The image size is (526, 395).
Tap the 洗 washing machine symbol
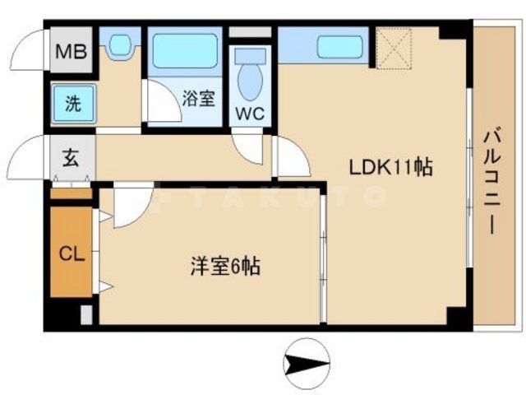click(73, 105)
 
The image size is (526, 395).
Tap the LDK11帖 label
click(391, 167)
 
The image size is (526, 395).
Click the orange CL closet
click(71, 254)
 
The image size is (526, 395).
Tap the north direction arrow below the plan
click(306, 361)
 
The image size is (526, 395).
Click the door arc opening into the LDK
click(290, 159)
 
